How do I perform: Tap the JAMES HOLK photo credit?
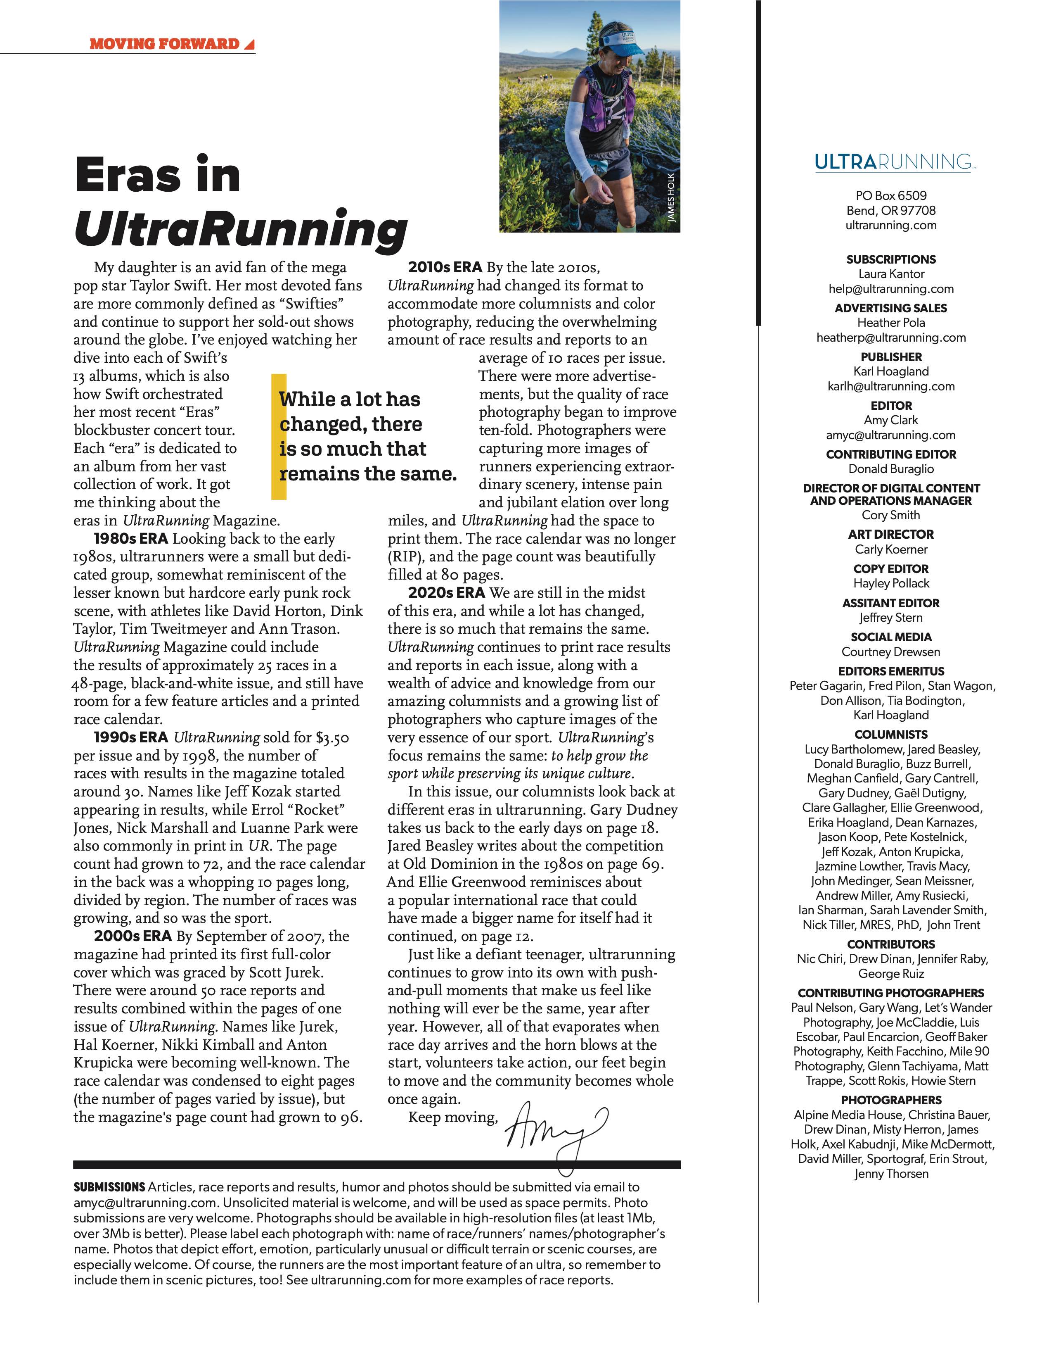click(x=672, y=197)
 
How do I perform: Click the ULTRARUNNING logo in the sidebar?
click(x=894, y=162)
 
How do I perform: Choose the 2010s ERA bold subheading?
click(x=445, y=267)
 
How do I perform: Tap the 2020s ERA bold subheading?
click(x=446, y=592)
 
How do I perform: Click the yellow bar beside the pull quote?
click(x=278, y=436)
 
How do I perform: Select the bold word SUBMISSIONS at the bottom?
click(x=109, y=1187)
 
